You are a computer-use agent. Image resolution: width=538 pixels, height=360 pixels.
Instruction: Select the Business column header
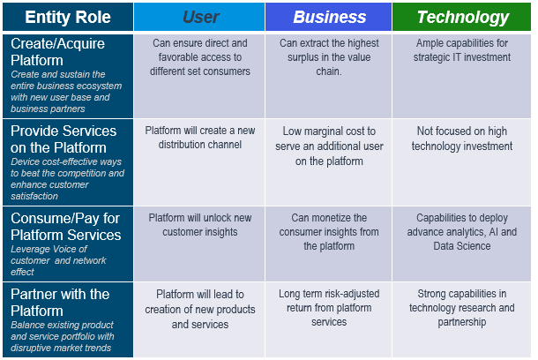coord(329,17)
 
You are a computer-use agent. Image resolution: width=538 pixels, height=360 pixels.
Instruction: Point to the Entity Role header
coord(68,17)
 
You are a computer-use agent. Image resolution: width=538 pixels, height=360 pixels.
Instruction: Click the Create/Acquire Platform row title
coord(57,52)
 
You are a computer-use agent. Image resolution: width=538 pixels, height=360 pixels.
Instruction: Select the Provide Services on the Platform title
coord(64,139)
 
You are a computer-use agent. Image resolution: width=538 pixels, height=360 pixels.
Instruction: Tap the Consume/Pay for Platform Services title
coord(65,227)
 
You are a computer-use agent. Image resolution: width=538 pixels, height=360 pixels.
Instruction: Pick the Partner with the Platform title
coord(60,303)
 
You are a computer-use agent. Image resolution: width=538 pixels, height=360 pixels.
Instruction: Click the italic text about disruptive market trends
coord(62,336)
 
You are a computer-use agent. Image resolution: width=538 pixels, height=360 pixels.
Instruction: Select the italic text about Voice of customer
coord(58,260)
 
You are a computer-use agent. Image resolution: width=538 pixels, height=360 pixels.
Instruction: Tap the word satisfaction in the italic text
coord(34,196)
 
